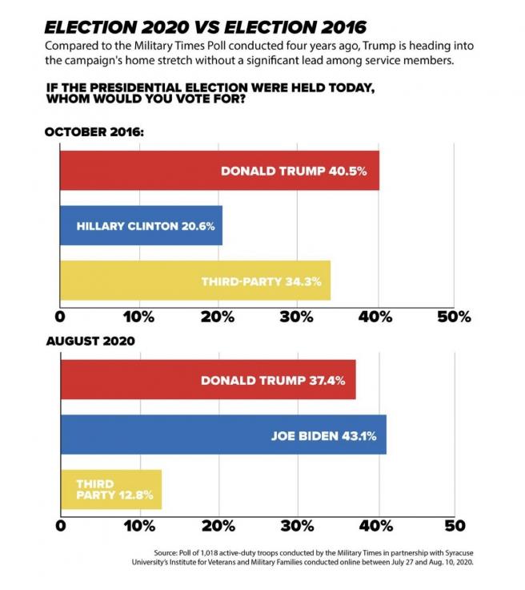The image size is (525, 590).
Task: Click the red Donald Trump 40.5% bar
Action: click(219, 171)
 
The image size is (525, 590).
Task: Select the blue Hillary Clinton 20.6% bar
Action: click(141, 226)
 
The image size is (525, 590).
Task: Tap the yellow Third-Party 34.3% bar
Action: click(194, 281)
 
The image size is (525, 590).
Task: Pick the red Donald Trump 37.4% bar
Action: click(208, 381)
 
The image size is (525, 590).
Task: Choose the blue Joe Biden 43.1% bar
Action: click(223, 435)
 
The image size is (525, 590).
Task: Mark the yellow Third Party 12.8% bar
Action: click(111, 489)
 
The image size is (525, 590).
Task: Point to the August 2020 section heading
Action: click(90, 341)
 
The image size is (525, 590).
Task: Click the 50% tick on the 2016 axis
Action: click(454, 316)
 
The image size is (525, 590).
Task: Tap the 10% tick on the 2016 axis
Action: click(139, 316)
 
